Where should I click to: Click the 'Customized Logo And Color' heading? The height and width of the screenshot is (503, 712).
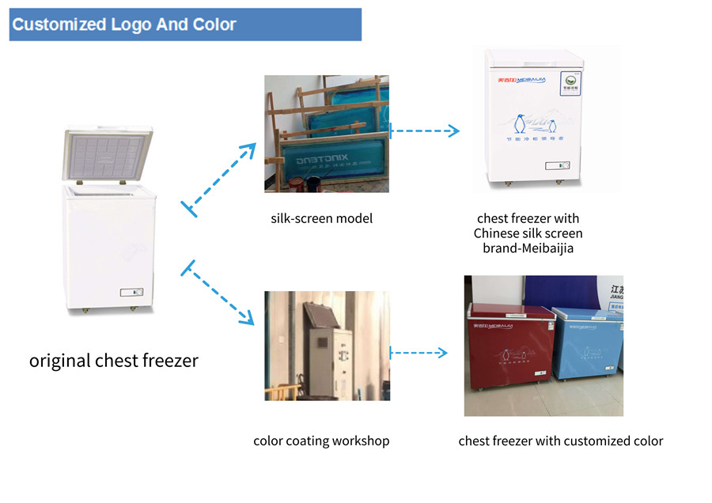[124, 25]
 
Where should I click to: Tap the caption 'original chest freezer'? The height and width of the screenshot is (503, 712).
[114, 361]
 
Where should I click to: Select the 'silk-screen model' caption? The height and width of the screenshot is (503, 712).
[322, 217]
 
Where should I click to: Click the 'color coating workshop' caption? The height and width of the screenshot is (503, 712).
[321, 441]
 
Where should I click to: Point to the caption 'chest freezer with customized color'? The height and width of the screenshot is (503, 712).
[561, 441]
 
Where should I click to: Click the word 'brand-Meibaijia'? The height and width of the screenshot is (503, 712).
[528, 248]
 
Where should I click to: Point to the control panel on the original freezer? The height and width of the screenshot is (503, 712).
[132, 292]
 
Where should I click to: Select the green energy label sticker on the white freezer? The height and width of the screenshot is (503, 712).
[570, 81]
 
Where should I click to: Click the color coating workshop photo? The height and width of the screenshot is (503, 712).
[327, 346]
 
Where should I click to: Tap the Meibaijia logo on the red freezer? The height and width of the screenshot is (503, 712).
[493, 325]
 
